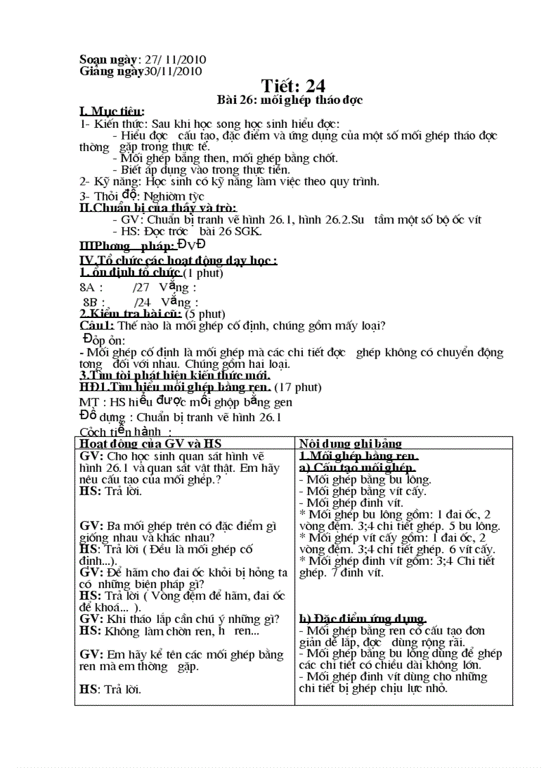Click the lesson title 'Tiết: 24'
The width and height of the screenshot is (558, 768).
(x=293, y=85)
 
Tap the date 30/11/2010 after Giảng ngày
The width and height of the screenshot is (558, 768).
(x=172, y=70)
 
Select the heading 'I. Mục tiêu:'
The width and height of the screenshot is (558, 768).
(x=112, y=111)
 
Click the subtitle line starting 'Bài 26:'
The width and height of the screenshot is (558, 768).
(x=289, y=100)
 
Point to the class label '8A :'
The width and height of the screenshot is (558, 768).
(x=92, y=288)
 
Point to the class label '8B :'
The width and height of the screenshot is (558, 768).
(x=94, y=302)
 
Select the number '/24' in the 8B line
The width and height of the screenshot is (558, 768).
(x=142, y=302)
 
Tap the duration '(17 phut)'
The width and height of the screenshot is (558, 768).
(x=298, y=387)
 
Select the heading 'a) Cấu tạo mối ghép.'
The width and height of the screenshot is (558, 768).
(x=358, y=468)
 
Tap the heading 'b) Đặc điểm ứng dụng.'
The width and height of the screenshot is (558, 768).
(x=363, y=619)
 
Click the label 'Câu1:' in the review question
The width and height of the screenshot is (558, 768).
(x=97, y=326)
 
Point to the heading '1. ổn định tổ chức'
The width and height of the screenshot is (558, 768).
(x=130, y=273)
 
